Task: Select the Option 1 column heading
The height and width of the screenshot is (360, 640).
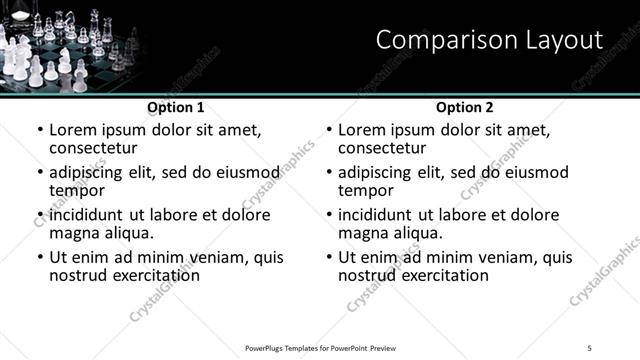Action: [x=176, y=107]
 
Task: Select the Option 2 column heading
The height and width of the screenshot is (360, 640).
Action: [x=465, y=107]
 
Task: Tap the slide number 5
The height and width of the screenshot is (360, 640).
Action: [x=590, y=348]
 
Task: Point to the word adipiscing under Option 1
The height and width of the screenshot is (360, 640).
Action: [x=88, y=172]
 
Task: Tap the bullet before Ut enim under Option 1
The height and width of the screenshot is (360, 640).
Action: [x=39, y=257]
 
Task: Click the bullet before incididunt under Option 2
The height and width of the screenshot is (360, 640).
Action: [x=328, y=215]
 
